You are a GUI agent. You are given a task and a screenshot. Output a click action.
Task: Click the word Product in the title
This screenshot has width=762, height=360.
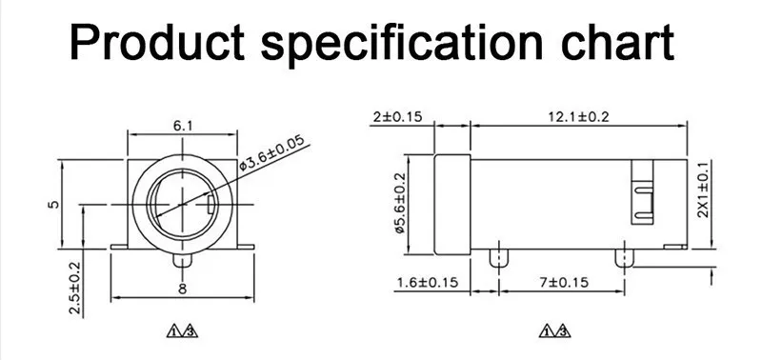click(157, 42)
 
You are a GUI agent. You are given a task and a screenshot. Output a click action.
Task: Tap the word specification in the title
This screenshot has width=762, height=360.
click(401, 45)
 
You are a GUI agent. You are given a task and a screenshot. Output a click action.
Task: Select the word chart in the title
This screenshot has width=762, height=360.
click(616, 42)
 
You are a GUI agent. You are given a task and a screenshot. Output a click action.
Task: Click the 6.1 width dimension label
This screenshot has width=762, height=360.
click(183, 126)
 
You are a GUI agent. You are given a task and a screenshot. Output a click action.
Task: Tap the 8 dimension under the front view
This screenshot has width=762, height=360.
click(182, 290)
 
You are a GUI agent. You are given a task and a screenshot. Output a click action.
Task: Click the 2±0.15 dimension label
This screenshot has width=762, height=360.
click(398, 116)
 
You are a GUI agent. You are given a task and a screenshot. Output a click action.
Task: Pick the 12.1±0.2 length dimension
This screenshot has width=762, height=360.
click(578, 117)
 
